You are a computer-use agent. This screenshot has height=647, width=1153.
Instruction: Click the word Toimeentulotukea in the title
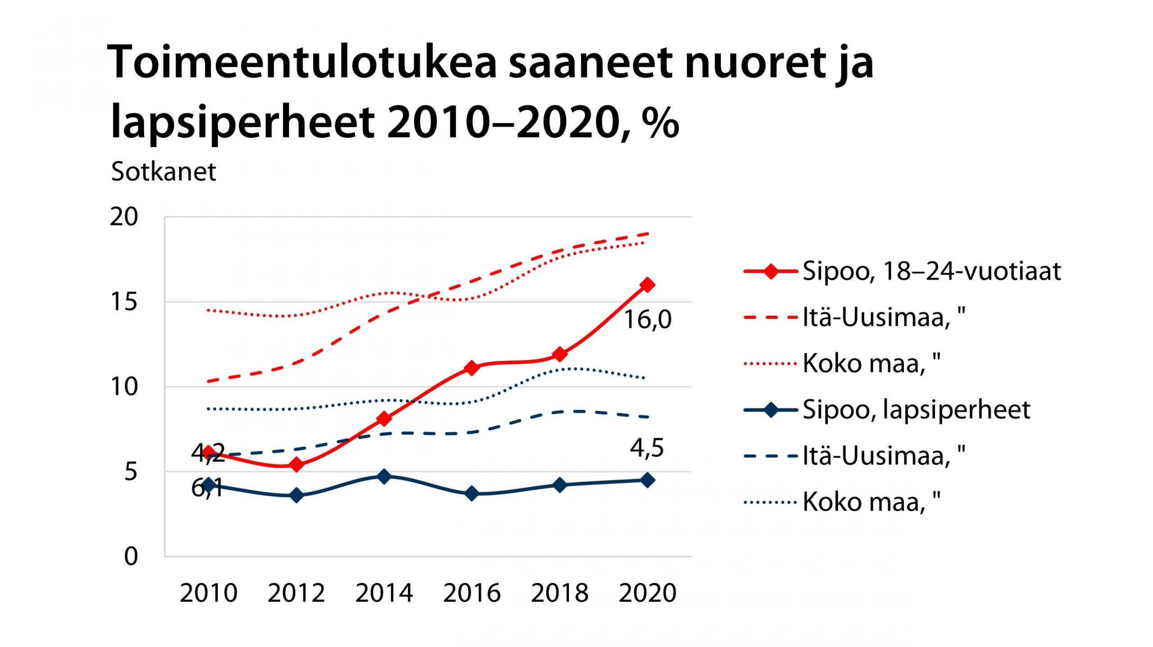(302, 63)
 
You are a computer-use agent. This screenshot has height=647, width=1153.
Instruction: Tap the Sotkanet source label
(163, 172)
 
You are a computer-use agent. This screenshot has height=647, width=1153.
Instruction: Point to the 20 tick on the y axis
(124, 217)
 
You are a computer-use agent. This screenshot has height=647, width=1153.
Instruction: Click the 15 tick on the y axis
(124, 302)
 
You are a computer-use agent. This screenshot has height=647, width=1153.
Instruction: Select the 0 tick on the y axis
(131, 557)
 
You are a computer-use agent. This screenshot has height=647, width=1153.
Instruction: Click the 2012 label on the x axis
(296, 593)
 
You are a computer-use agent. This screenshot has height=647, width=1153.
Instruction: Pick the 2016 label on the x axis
(472, 593)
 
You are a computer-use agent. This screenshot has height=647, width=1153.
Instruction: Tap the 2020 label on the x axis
(647, 593)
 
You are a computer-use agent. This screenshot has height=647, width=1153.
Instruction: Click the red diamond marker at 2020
(647, 285)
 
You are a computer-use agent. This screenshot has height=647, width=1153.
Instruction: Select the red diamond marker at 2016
(472, 368)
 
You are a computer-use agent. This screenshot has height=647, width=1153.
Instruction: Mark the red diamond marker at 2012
(296, 465)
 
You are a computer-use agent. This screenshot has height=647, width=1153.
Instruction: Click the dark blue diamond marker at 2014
(384, 476)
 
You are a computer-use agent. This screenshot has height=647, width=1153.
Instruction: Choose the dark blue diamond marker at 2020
(647, 480)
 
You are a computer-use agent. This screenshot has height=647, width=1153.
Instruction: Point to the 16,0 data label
(647, 320)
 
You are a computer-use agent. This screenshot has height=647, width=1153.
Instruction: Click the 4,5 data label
(647, 448)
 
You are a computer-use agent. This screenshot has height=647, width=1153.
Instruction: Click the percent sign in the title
(660, 122)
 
